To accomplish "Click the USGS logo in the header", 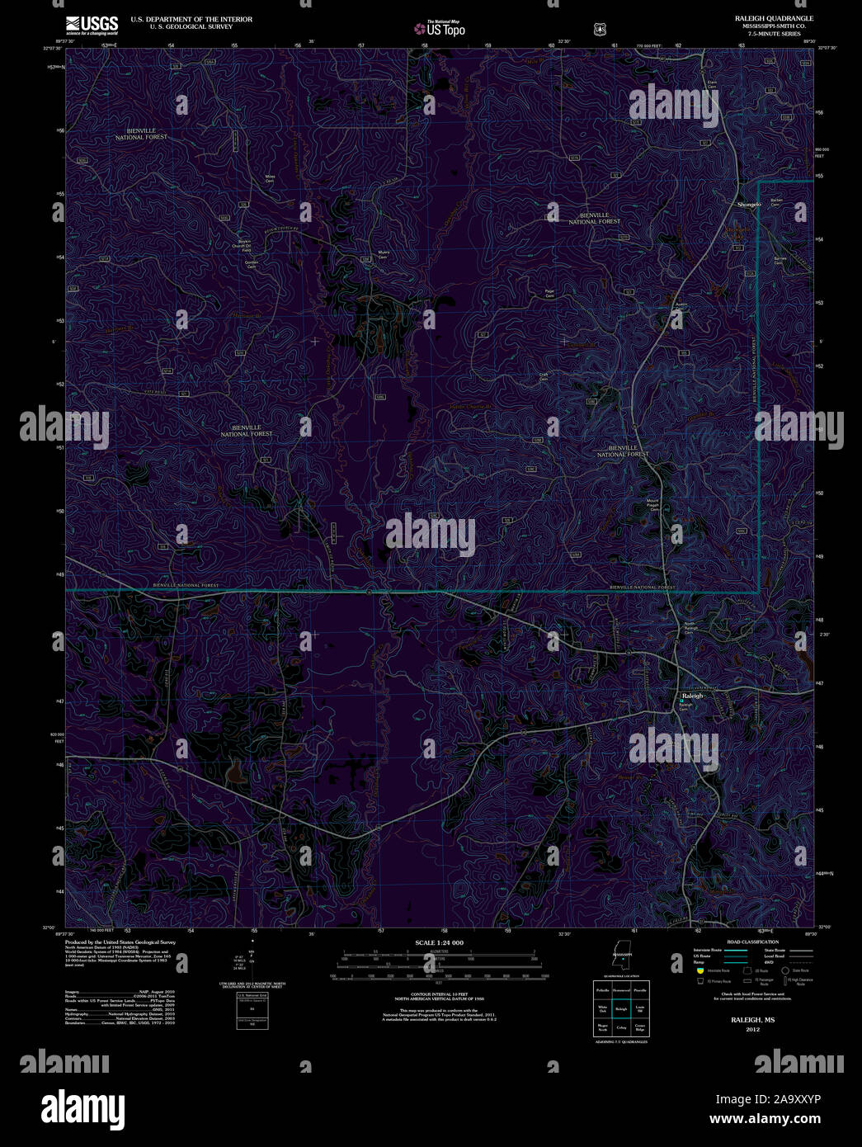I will (92, 24).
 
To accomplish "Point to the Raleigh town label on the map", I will (693, 696).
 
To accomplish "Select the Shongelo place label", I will (749, 204).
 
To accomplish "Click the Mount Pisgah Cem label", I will (653, 505).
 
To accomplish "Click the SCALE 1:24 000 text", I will (439, 942).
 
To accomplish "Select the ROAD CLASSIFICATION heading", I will (752, 942).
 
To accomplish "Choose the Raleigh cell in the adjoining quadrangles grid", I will (621, 1008).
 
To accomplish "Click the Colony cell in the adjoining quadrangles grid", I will (621, 1027).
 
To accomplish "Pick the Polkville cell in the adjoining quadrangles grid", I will (602, 989).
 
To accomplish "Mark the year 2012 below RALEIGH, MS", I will (752, 1030).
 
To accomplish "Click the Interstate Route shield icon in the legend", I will (700, 971).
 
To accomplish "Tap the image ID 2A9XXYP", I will (792, 1100).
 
